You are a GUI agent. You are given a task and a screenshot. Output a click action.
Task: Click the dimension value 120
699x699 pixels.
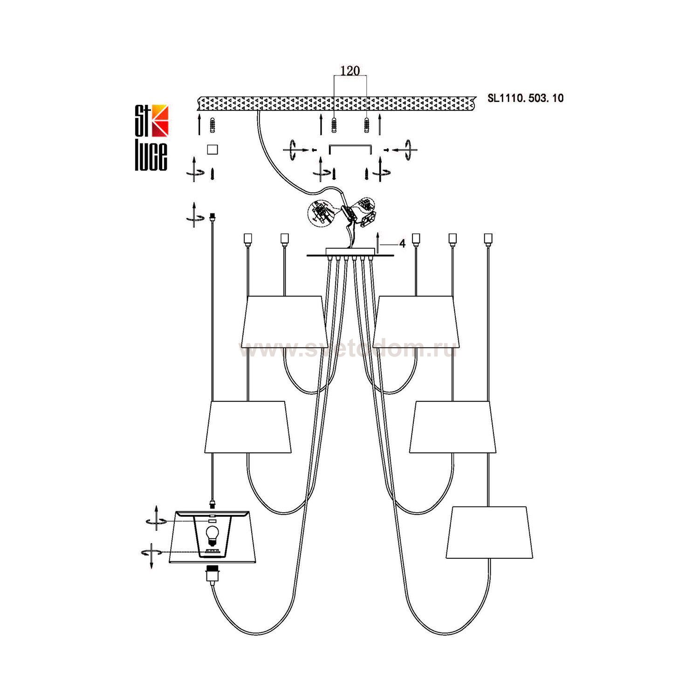pyautogui.click(x=350, y=71)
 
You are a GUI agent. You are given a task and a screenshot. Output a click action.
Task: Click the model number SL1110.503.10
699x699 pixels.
pyautogui.click(x=525, y=98)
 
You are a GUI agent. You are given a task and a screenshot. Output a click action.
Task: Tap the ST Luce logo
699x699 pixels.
pyautogui.click(x=151, y=137)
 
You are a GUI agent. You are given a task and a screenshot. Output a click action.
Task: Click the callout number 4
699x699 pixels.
pyautogui.click(x=402, y=244)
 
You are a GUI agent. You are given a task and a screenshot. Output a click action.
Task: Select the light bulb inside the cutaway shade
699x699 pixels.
pyautogui.click(x=212, y=535)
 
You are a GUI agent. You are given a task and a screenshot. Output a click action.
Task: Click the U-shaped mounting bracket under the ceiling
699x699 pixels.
pyautogui.click(x=349, y=147)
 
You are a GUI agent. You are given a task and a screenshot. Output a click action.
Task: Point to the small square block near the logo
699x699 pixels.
pyautogui.click(x=212, y=149)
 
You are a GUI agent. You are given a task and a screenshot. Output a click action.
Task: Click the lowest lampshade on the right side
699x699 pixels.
pyautogui.click(x=489, y=532)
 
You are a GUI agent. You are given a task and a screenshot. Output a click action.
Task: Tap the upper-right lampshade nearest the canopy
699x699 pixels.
pyautogui.click(x=416, y=322)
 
